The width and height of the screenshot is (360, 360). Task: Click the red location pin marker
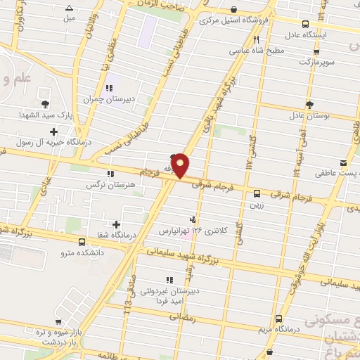(181, 165)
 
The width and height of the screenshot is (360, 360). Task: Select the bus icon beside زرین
(256, 193)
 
